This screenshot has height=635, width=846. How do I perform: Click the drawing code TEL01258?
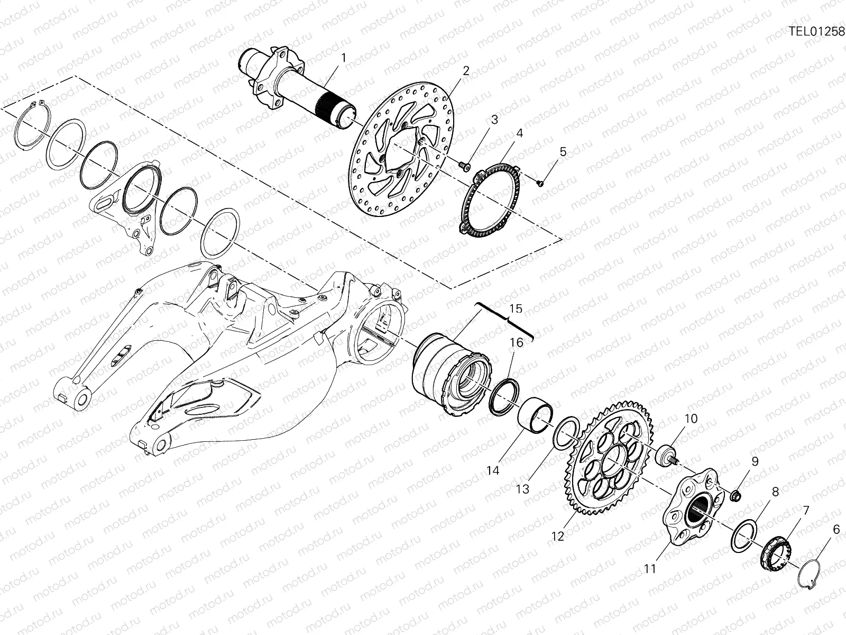817,31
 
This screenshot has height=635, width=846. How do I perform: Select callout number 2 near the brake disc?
466,70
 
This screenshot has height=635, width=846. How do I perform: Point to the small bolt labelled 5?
539,183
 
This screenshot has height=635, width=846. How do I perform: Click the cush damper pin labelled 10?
667,455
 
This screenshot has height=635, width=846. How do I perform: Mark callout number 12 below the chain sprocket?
558,536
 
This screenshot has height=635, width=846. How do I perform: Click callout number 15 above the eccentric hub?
516,308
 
